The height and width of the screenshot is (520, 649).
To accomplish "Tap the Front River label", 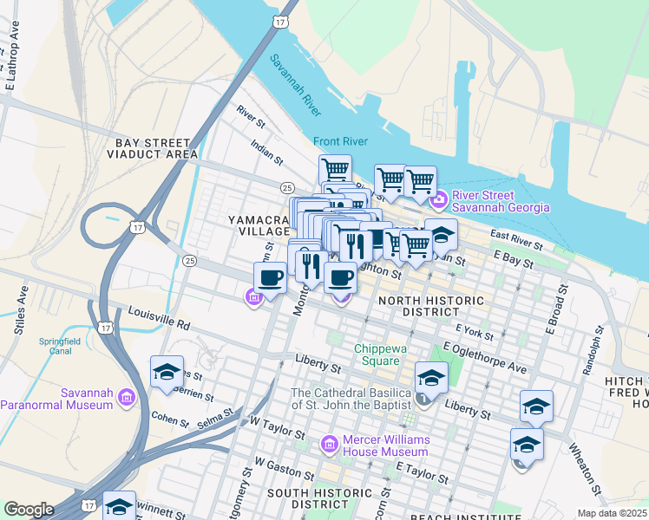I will tap(340, 142).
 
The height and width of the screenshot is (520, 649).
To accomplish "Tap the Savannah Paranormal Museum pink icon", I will tap(127, 398).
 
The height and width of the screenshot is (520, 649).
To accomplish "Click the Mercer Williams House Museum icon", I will tap(329, 445).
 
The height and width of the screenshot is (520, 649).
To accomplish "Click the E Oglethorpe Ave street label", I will tap(483, 357).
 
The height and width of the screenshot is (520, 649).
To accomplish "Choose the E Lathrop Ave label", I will tap(13, 66).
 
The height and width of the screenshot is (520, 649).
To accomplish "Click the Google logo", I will tap(29, 509).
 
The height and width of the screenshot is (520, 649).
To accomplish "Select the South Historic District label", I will tap(307, 498).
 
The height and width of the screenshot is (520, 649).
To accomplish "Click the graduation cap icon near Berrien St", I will tap(167, 372).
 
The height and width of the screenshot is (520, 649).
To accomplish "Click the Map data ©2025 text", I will tap(612, 513).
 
